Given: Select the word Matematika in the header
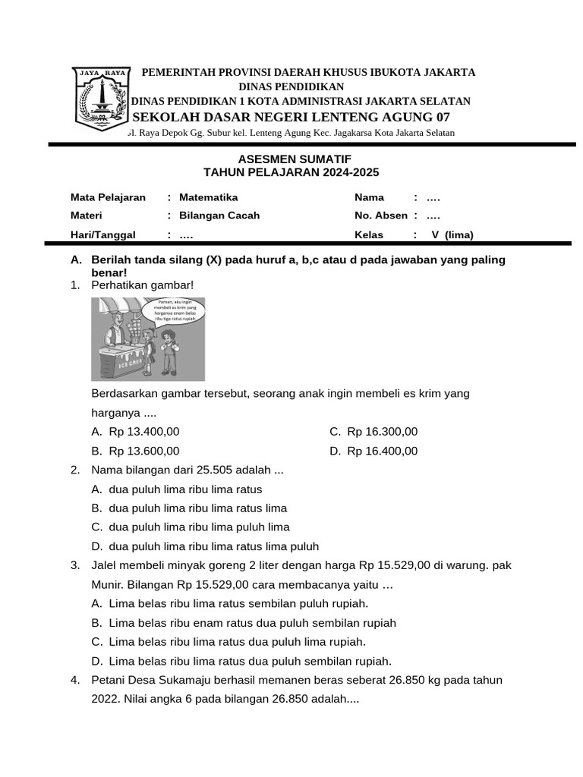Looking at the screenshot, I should [x=208, y=197].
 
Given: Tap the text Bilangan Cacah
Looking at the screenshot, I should [x=219, y=215].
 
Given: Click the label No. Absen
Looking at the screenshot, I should [x=381, y=215].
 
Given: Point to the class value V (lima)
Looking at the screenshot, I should [x=452, y=234].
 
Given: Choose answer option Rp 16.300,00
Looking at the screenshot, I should [x=382, y=432].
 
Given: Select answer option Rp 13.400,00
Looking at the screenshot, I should [x=144, y=432].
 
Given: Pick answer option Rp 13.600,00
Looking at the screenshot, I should [x=144, y=451].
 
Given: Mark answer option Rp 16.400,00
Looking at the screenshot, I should [x=382, y=451].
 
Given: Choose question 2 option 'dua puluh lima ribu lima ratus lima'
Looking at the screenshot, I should [x=197, y=508].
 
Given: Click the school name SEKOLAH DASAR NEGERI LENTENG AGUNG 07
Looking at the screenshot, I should [x=291, y=117].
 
